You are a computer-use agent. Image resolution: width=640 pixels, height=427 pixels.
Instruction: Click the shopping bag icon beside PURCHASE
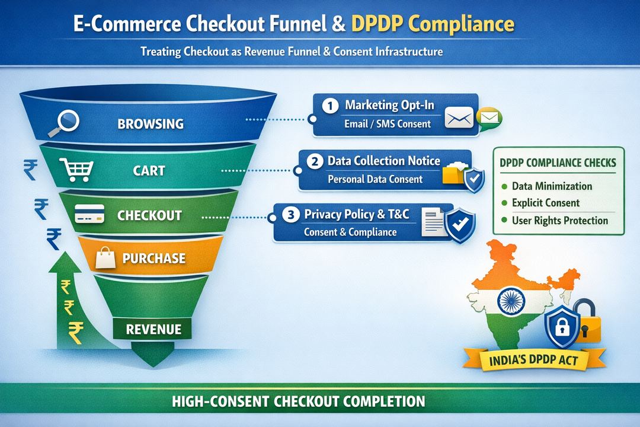[x=107, y=257]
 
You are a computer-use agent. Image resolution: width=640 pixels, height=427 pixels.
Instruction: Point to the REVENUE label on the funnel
[x=153, y=329]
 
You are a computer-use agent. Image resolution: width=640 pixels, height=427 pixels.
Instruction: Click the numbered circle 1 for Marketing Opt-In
[x=329, y=106]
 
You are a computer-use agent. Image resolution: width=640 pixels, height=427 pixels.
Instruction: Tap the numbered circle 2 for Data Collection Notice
[x=315, y=161]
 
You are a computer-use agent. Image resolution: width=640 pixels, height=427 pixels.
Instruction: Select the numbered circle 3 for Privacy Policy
[x=290, y=214]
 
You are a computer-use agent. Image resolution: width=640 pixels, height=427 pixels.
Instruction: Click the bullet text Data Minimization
[x=551, y=186]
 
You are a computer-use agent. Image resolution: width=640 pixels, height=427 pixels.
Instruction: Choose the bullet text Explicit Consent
[x=545, y=203]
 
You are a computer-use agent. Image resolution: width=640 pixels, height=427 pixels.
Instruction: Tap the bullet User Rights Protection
[x=559, y=221]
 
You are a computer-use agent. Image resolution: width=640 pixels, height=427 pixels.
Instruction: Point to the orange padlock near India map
[x=588, y=321]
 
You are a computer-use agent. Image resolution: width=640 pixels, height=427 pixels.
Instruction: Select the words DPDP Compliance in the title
[x=432, y=25]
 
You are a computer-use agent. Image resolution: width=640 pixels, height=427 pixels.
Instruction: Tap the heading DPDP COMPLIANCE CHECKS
[x=557, y=162]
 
